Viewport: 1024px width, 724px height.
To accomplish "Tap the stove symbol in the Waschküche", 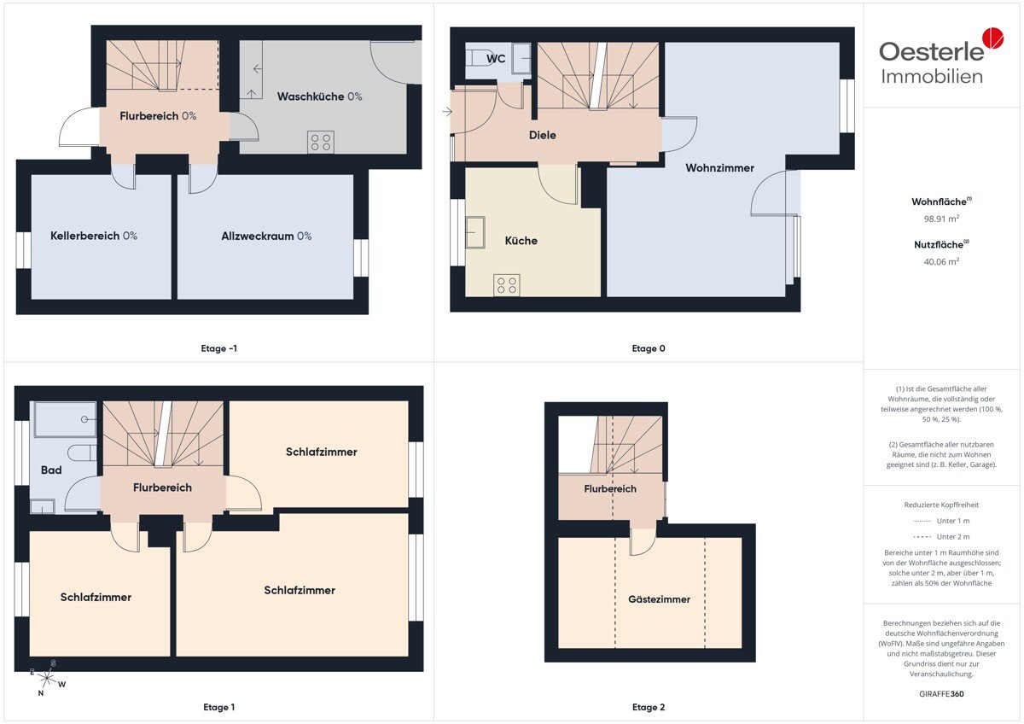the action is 321,142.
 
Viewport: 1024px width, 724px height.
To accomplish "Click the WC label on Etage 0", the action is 496,59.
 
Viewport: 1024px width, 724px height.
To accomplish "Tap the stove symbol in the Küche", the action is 507,285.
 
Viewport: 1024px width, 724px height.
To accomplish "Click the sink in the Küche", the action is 475,232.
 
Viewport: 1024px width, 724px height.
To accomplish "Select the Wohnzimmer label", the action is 719,168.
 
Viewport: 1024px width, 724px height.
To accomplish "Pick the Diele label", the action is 543,135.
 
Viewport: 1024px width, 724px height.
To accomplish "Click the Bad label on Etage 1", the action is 51,470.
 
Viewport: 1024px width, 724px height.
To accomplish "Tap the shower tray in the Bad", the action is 66,419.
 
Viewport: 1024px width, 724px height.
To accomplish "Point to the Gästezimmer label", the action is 659,599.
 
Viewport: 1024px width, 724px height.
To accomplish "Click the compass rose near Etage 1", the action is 47,677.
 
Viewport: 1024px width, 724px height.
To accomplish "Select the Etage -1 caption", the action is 219,348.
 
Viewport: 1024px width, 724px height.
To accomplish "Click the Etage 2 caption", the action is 649,707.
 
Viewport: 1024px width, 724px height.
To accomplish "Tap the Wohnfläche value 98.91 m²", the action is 941,219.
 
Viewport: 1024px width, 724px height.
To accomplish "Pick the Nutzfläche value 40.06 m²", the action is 941,261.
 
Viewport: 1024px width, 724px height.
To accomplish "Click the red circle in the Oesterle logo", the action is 993,38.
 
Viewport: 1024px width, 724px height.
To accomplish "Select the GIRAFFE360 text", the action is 941,694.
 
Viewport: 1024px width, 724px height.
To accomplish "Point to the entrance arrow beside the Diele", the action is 447,112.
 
